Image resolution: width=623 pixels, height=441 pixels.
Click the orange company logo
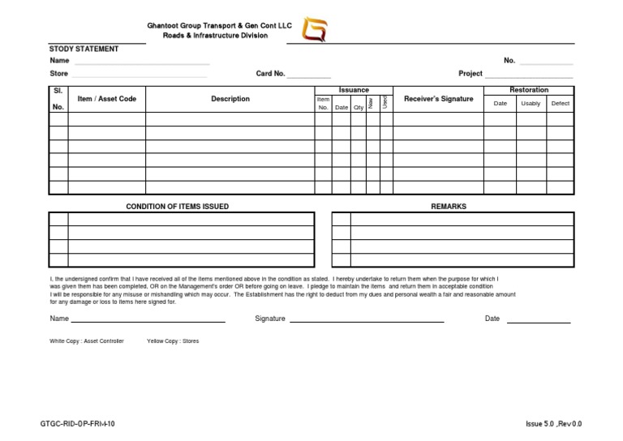click(315, 30)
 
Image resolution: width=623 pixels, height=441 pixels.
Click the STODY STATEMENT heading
click(84, 49)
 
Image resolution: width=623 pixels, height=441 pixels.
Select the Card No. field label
click(270, 74)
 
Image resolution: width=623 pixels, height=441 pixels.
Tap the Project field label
click(470, 74)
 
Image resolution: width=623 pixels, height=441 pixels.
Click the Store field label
click(58, 74)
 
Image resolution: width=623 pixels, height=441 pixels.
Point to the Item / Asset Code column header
click(106, 99)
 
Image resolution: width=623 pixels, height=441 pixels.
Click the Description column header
click(230, 99)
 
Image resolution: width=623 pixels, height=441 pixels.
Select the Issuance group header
click(354, 90)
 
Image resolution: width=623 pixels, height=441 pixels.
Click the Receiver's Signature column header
click(438, 99)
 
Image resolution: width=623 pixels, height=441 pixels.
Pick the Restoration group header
click(529, 90)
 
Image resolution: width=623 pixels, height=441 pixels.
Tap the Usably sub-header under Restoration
click(531, 104)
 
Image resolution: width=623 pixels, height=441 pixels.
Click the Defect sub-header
click(560, 104)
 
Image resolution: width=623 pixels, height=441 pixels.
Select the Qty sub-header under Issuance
click(358, 107)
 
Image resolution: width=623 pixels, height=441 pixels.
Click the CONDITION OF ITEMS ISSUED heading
click(177, 207)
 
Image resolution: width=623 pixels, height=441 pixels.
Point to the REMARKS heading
click(449, 207)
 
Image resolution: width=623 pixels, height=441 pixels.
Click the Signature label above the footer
click(270, 319)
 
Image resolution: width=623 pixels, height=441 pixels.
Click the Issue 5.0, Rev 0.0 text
click(553, 424)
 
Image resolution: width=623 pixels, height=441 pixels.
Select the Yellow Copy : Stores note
click(172, 341)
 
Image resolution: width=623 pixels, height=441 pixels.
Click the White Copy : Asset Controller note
click(87, 341)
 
